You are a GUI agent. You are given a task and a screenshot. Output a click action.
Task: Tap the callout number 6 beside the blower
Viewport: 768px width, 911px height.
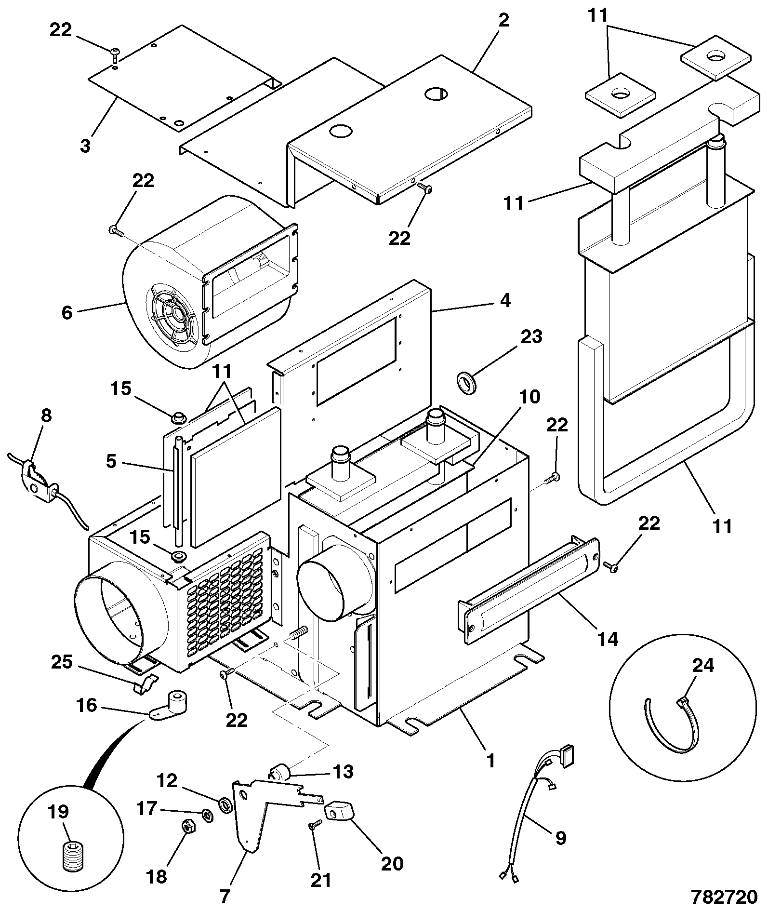coord(67,312)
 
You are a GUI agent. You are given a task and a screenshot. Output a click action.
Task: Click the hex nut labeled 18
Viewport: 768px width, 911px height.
coord(188,827)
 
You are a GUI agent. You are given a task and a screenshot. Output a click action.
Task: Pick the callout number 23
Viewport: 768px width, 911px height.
coord(531,337)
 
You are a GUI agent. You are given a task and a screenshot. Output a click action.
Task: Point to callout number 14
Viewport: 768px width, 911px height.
coord(607,640)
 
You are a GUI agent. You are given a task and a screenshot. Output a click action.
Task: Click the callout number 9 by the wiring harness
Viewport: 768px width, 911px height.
coord(560,837)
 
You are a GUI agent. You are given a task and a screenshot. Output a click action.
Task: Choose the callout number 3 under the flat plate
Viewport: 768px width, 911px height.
coord(85,145)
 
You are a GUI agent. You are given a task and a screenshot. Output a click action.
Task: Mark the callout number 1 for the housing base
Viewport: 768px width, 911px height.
coord(490,761)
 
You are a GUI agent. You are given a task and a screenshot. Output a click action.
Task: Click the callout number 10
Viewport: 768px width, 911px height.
coord(530,397)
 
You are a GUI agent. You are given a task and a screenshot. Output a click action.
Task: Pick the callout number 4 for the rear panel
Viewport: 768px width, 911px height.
coord(504,301)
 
